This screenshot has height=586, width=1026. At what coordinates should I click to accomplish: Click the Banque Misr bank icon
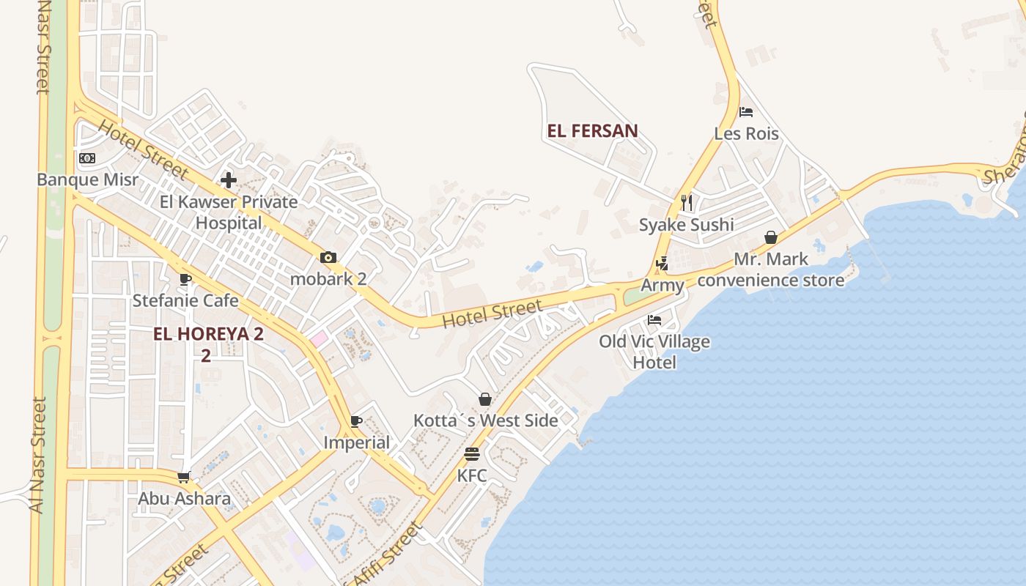[87, 158]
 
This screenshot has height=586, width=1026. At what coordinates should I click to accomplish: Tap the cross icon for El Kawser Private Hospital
[229, 179]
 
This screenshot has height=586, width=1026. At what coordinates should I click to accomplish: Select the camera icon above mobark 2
[328, 258]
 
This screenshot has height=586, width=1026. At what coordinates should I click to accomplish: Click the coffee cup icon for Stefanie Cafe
[185, 279]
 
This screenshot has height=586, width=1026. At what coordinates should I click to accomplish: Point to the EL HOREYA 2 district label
[207, 334]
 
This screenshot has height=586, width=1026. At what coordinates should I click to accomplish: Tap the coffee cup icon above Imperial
[356, 421]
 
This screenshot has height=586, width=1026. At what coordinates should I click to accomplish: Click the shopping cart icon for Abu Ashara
[184, 477]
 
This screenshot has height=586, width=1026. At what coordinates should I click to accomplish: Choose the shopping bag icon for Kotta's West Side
[485, 399]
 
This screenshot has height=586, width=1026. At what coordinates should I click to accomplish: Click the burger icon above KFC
[472, 454]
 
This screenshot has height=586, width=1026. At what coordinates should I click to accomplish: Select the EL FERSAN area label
[592, 131]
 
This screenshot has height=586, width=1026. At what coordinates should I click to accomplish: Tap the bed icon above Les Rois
[746, 112]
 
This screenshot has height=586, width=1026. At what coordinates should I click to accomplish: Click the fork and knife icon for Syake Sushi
[686, 202]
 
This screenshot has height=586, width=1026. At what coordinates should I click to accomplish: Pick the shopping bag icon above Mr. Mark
[771, 237]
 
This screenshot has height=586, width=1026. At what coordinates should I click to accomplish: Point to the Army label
[663, 285]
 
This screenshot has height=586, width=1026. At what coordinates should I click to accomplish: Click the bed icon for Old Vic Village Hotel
[654, 320]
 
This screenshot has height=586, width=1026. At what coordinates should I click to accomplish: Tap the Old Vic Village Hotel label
[654, 352]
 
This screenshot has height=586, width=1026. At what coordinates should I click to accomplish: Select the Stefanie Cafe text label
[185, 300]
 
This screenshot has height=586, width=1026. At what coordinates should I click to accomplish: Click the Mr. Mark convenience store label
[771, 270]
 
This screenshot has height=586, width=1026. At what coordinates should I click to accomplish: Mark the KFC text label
[472, 475]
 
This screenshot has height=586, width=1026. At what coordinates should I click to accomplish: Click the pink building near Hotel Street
[318, 339]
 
